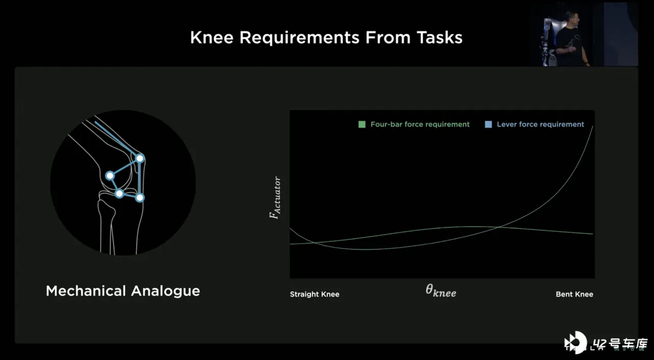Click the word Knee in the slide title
coord(212,38)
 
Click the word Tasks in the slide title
coord(439,38)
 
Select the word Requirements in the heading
coord(299,38)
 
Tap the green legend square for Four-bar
coord(362,125)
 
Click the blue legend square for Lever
coord(488,125)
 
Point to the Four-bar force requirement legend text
coord(420,125)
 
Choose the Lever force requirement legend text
coord(541,125)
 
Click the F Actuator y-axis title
coord(275,198)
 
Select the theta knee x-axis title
coord(440,291)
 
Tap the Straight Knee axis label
coord(314,294)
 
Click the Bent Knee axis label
coord(574,294)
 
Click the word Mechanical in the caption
coord(86,291)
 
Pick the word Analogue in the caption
coord(166,292)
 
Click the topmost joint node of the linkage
coord(140,158)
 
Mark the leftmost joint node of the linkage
coord(110,176)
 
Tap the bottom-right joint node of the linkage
coord(140,198)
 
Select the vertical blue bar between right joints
coord(140,178)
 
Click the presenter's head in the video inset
coord(572,17)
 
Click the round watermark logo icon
coord(575,342)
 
